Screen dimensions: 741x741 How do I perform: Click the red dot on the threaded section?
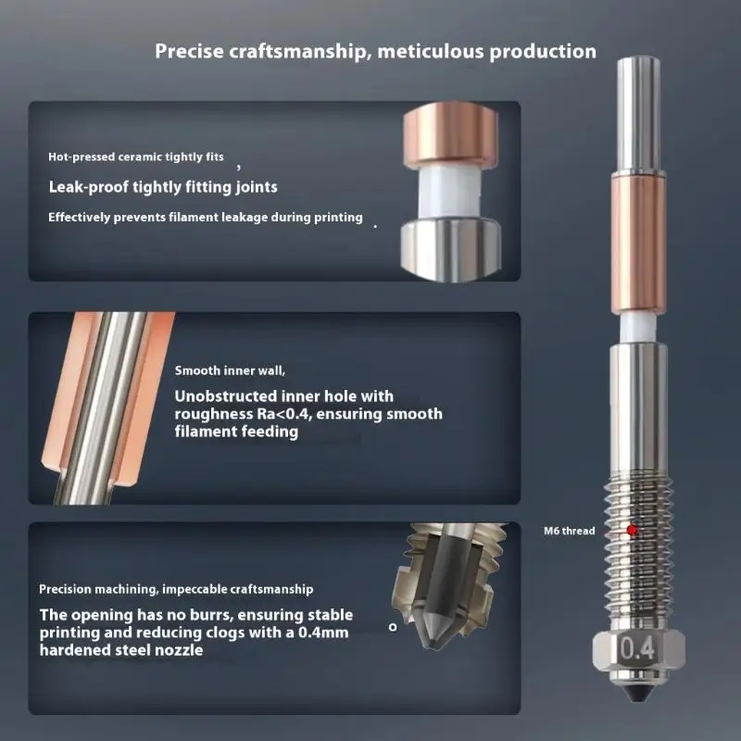pos(632,530)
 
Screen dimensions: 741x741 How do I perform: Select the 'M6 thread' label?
pos(569,532)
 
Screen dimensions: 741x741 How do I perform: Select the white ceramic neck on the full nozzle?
pos(638,323)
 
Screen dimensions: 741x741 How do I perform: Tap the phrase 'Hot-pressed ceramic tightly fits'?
pos(135,157)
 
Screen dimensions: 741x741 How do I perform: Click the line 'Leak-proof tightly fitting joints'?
pos(162,187)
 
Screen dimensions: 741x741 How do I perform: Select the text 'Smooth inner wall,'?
pos(230,370)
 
